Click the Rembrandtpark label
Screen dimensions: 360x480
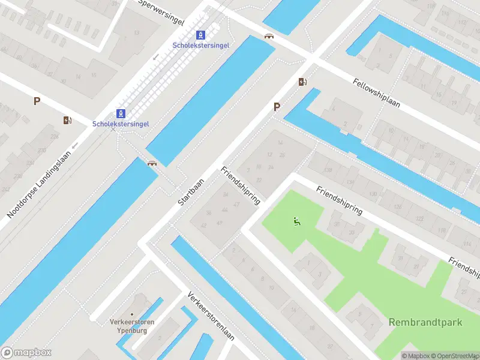tap(425, 322)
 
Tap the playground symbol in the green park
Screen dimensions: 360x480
tap(296, 222)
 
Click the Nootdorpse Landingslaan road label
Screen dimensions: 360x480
tap(40, 184)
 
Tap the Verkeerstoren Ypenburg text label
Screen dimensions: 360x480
tap(132, 326)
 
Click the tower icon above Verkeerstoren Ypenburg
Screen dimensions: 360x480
tap(133, 299)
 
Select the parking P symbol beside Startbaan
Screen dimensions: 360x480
tap(277, 107)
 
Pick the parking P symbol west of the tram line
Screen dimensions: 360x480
tap(37, 101)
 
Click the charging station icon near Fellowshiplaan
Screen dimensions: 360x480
tap(303, 82)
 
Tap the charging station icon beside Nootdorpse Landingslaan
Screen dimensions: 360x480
tap(67, 120)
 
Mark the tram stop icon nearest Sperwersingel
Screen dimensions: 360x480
tap(200, 35)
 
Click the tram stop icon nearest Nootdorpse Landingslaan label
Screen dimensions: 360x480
tap(121, 113)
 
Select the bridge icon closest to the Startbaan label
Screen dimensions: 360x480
tap(152, 163)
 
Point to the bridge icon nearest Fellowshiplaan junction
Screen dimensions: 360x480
tap(269, 35)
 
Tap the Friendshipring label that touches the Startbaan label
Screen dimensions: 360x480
tap(241, 185)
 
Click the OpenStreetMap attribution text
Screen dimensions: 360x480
tap(454, 355)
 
